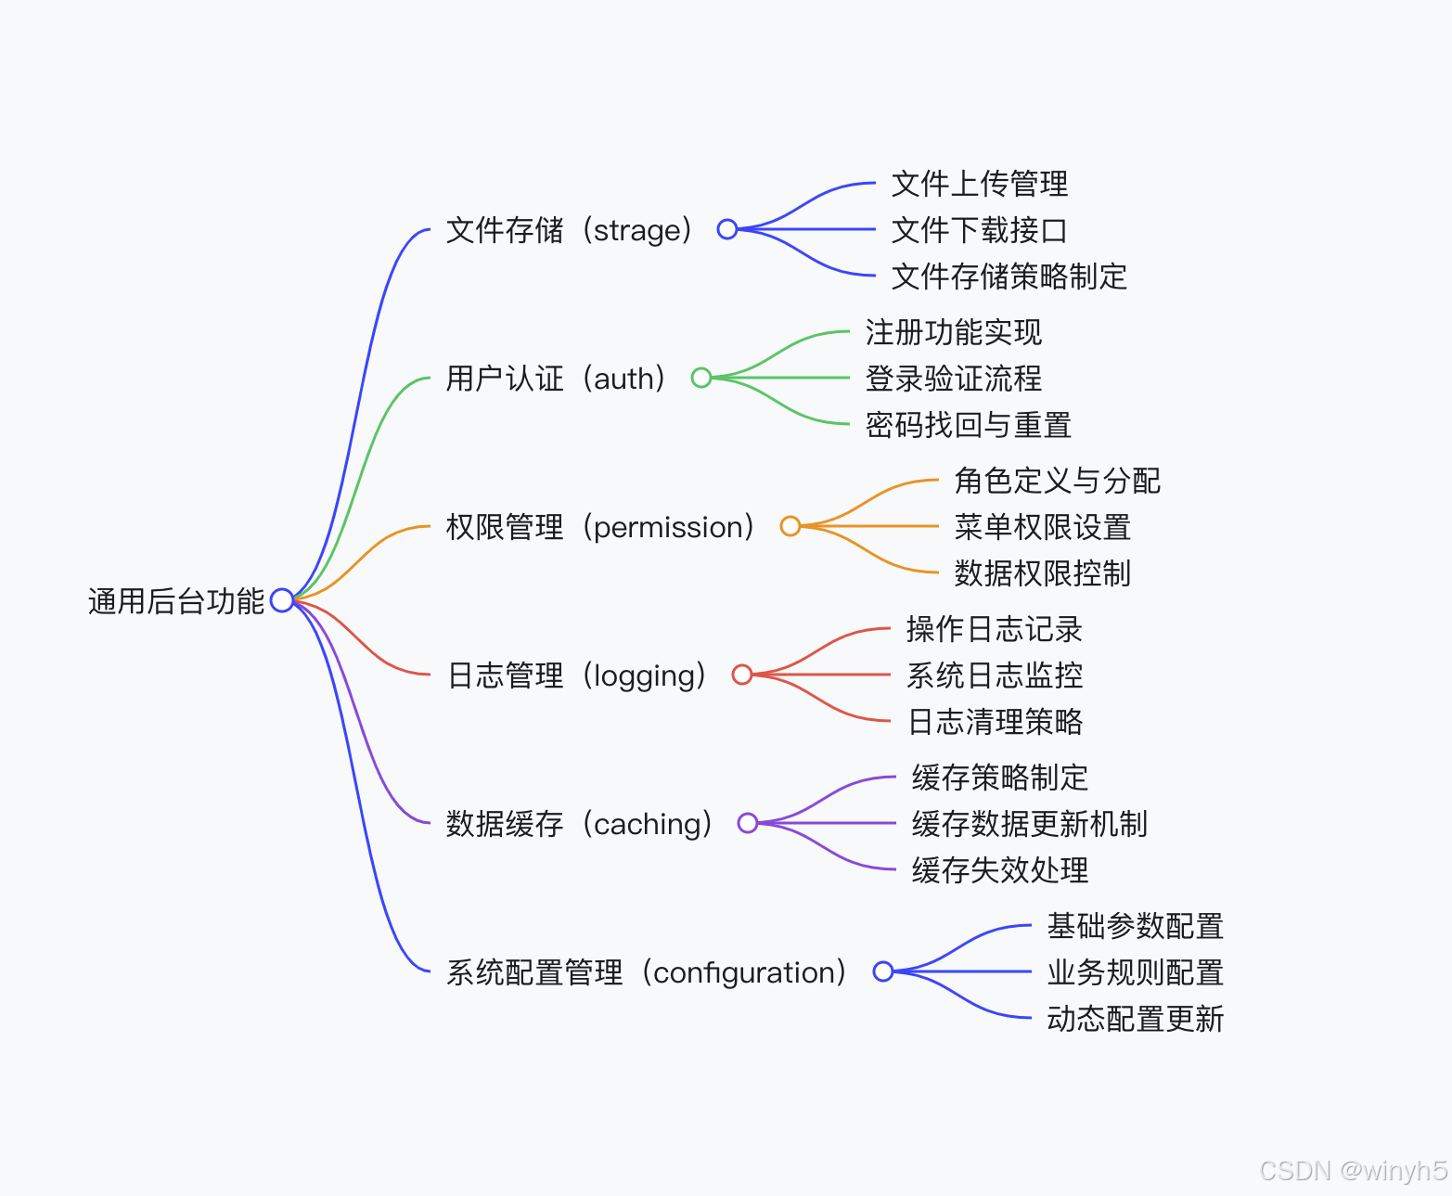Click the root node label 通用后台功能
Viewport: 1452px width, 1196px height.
pyautogui.click(x=176, y=601)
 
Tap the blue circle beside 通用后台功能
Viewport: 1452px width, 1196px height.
pyautogui.click(x=282, y=601)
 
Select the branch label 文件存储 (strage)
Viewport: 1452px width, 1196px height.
pyautogui.click(x=569, y=230)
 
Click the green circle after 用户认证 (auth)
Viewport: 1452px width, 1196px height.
pyautogui.click(x=701, y=378)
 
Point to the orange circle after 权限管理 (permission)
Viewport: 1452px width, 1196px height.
pyautogui.click(x=790, y=526)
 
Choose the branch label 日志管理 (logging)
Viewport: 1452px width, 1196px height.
pyautogui.click(x=576, y=675)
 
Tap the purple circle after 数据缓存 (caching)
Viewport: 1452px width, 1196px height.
pyautogui.click(x=748, y=823)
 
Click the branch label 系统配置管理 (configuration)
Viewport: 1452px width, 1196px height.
pyautogui.click(x=646, y=972)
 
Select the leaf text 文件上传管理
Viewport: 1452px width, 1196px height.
pyautogui.click(x=979, y=184)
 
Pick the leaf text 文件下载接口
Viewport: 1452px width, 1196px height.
pyautogui.click(x=979, y=230)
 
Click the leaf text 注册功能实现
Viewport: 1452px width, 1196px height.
pyautogui.click(x=953, y=332)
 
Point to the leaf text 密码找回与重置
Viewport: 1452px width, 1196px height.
pyautogui.click(x=968, y=425)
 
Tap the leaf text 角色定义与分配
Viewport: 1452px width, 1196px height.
pyautogui.click(x=1057, y=481)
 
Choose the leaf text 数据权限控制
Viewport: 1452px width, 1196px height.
pyautogui.click(x=1042, y=573)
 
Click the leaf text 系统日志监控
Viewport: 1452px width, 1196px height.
pyautogui.click(x=994, y=675)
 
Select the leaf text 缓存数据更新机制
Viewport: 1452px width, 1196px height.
pyautogui.click(x=1029, y=824)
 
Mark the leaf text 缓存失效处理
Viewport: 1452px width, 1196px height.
pyautogui.click(x=999, y=870)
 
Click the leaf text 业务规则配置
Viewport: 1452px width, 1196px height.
pyautogui.click(x=1135, y=972)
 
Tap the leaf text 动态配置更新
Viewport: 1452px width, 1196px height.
pyautogui.click(x=1135, y=1019)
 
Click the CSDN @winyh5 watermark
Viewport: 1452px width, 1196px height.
pyautogui.click(x=1353, y=1171)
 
